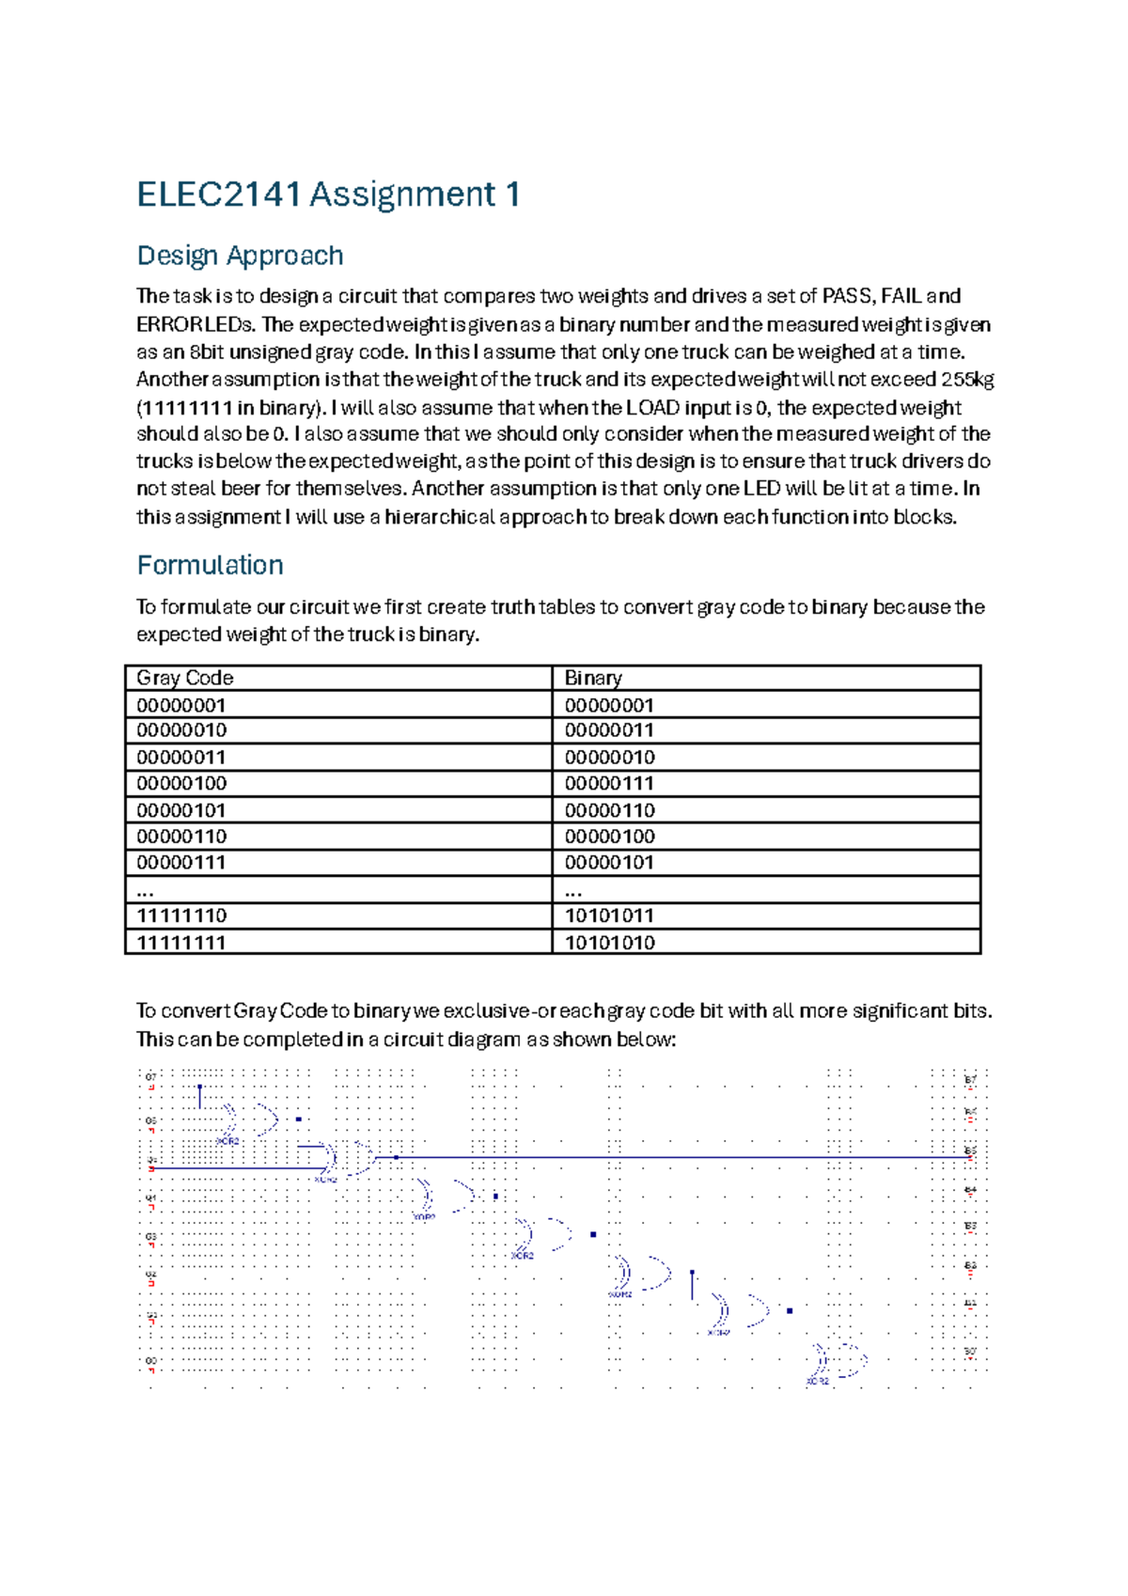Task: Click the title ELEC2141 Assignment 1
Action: point(328,195)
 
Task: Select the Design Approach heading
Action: point(240,256)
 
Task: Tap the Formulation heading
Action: point(210,565)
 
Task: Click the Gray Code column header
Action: point(185,678)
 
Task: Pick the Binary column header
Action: point(593,678)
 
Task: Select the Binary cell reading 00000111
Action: point(609,783)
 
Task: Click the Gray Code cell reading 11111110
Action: point(181,915)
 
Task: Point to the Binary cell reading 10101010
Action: point(609,942)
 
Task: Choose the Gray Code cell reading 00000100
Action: point(181,783)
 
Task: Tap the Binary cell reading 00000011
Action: point(609,730)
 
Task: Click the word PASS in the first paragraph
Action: point(846,296)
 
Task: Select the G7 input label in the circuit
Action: point(150,1077)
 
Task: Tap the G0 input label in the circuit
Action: point(150,1360)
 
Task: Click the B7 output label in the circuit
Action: point(970,1080)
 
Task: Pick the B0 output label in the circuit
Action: point(970,1352)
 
